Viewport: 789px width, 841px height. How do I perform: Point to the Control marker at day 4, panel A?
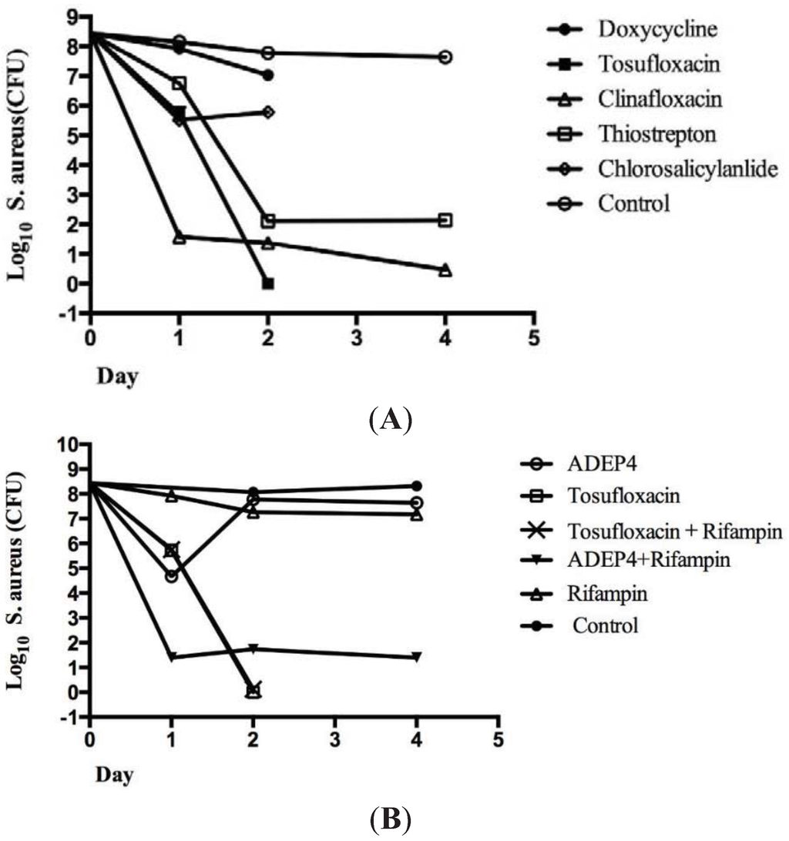click(445, 57)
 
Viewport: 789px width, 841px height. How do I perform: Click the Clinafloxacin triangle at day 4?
click(445, 270)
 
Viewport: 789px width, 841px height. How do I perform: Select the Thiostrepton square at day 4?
click(445, 220)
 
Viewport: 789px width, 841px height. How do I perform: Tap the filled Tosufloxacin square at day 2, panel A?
click(267, 283)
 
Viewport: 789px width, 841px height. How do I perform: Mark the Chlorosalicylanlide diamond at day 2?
click(267, 112)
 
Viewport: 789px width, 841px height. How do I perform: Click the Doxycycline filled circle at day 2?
click(267, 75)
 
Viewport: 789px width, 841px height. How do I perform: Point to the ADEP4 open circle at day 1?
click(171, 576)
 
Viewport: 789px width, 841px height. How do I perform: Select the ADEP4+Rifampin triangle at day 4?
click(417, 657)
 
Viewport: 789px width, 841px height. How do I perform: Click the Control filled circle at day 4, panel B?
click(417, 486)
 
